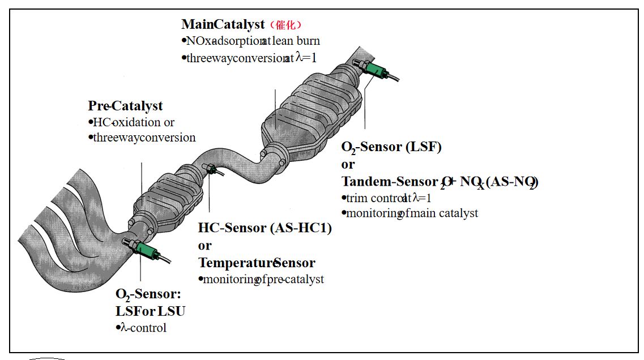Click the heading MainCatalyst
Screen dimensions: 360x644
(x=223, y=24)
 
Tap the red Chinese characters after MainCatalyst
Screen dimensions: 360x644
(x=286, y=25)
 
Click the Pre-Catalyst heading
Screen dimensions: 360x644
(x=125, y=106)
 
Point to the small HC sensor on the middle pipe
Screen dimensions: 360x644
(x=210, y=169)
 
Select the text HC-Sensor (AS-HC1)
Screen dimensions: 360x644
(x=265, y=228)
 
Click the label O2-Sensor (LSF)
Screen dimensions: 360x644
(x=391, y=147)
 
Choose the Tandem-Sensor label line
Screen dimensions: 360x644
(x=440, y=182)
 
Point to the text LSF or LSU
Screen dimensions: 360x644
(x=150, y=311)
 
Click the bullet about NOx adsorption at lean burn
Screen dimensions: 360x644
(x=250, y=41)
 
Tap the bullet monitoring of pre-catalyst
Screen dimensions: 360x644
(x=261, y=279)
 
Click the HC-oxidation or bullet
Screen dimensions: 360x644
(x=131, y=122)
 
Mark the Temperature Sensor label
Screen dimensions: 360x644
(x=256, y=263)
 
